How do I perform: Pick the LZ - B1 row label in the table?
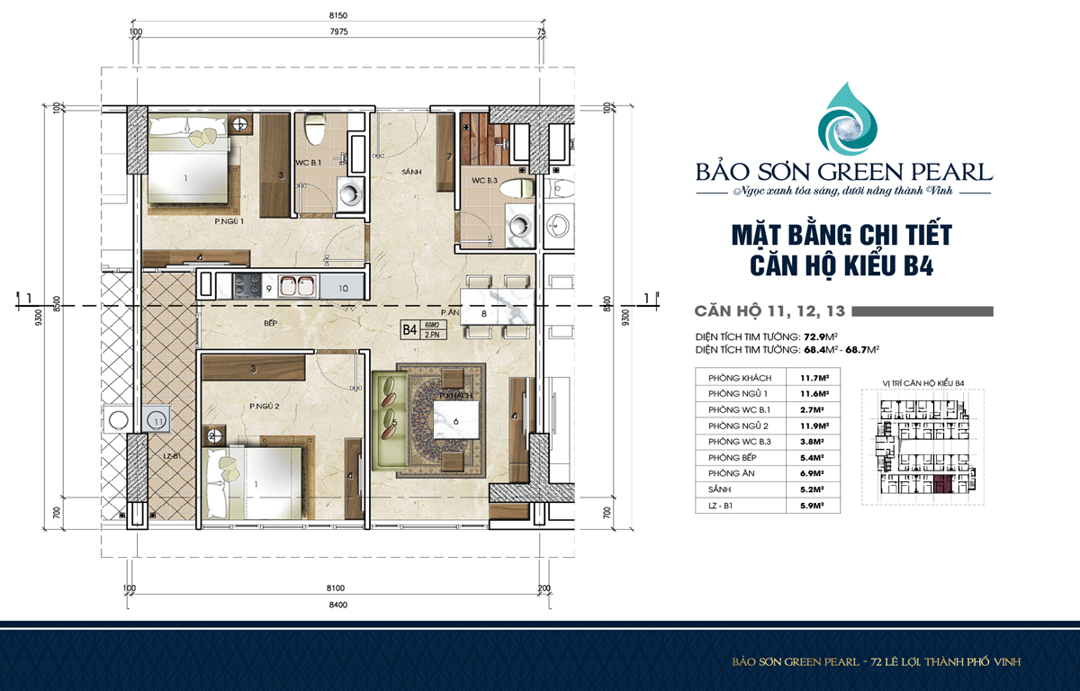point(726,506)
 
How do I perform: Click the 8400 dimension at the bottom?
point(338,605)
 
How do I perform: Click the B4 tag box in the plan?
point(410,330)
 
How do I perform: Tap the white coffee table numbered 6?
point(455,421)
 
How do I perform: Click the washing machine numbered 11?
point(157,420)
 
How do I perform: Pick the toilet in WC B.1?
point(314,130)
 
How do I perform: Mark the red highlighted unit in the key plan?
point(942,487)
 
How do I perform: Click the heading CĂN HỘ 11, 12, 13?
point(769,311)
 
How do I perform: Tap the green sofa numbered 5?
point(389,422)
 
